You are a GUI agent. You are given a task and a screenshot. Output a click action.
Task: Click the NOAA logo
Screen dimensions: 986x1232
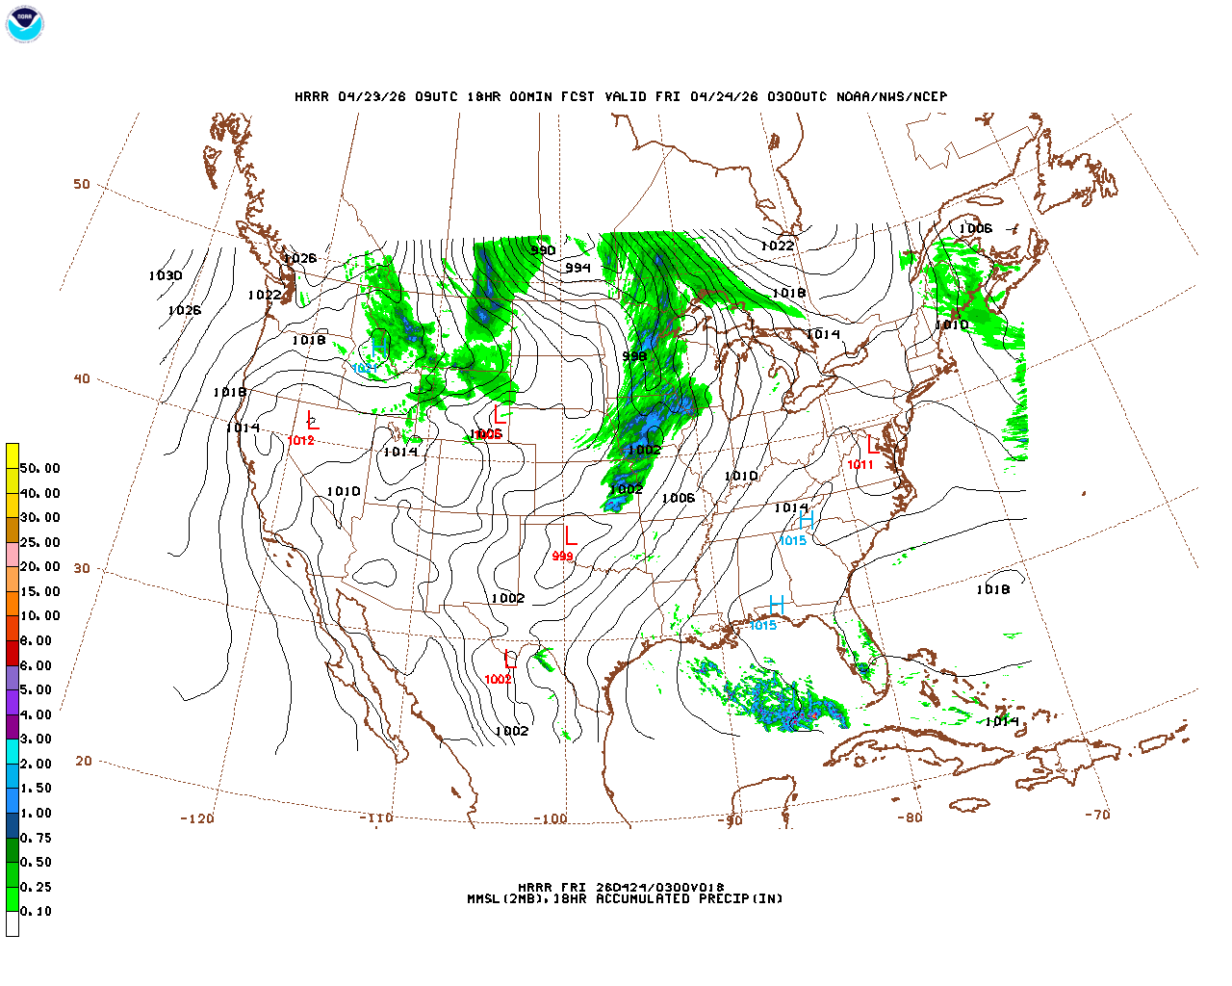click(x=24, y=24)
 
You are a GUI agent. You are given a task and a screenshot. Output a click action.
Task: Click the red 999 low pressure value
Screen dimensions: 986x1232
click(x=562, y=557)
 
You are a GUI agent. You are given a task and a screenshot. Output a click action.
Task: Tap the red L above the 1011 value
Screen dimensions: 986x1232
click(x=873, y=445)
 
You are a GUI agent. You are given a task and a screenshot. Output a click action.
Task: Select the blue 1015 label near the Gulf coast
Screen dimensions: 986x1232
click(x=762, y=626)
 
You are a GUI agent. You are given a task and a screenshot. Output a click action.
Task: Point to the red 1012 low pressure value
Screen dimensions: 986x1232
click(x=300, y=441)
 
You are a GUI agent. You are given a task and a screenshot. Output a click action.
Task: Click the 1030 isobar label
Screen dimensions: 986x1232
click(x=165, y=276)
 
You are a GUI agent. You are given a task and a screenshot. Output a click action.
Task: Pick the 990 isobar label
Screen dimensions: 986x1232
click(x=543, y=251)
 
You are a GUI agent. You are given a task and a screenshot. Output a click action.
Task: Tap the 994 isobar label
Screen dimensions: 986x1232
click(x=577, y=269)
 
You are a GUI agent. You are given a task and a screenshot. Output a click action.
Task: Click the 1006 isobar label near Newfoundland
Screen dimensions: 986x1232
click(x=975, y=229)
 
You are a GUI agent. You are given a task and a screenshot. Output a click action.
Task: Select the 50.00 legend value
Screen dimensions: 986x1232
click(x=40, y=469)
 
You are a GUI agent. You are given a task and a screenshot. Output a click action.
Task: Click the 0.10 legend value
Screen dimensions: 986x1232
click(x=37, y=911)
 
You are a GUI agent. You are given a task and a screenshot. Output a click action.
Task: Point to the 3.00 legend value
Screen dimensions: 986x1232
click(x=37, y=739)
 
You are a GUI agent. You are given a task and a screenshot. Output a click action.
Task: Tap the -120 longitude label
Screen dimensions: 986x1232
click(x=196, y=819)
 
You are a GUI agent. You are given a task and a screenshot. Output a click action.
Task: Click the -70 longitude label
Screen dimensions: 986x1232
click(x=1096, y=815)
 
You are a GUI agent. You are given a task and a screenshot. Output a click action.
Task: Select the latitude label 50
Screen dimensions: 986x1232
click(x=82, y=185)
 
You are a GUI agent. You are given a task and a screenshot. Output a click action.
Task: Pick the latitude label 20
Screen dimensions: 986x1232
click(x=84, y=761)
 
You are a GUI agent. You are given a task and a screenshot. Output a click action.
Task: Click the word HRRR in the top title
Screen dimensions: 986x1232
click(x=312, y=97)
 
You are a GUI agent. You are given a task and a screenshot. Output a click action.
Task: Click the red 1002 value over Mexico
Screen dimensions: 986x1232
click(x=498, y=680)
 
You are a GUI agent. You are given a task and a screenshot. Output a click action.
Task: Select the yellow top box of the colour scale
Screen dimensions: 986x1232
click(x=13, y=455)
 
